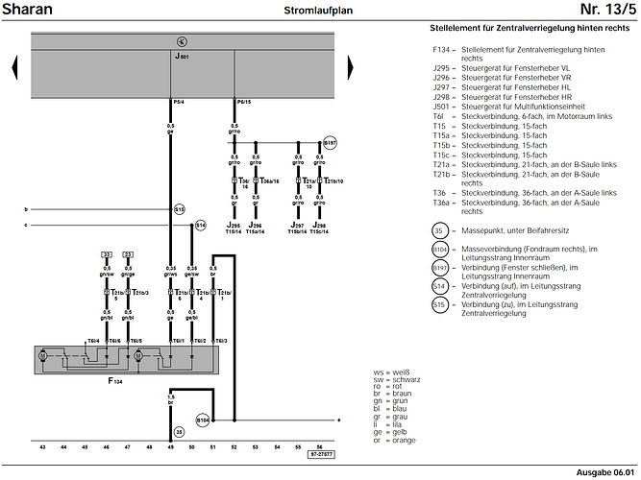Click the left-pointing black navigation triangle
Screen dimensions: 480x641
click(x=15, y=68)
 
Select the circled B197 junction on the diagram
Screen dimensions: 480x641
click(x=331, y=142)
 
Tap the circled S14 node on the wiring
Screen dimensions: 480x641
click(x=200, y=225)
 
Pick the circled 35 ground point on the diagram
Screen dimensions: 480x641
click(x=179, y=432)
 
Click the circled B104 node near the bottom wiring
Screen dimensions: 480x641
click(x=202, y=420)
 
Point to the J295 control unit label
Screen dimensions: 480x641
click(x=234, y=225)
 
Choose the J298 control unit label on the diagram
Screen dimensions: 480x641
click(x=319, y=225)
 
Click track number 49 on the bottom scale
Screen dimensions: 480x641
click(x=171, y=447)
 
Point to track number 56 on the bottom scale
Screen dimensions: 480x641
click(x=320, y=447)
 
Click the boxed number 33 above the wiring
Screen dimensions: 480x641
click(x=108, y=253)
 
